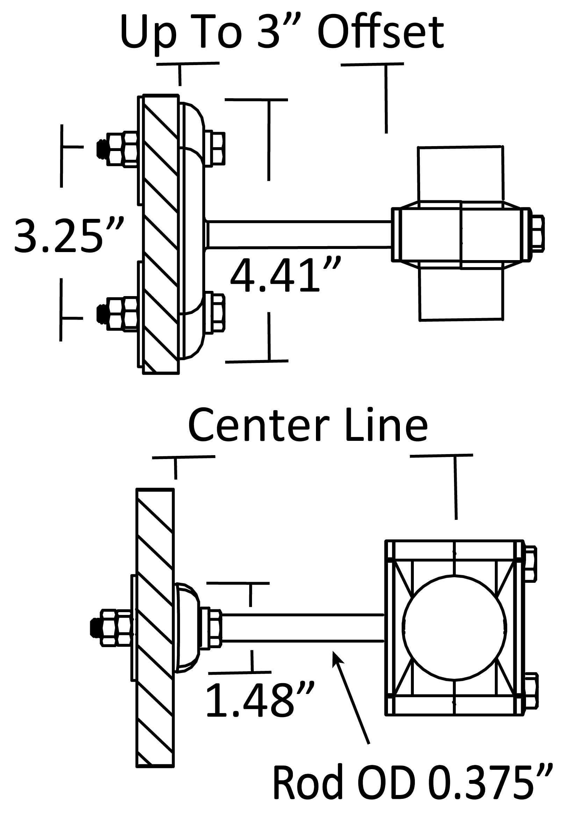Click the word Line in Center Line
387,425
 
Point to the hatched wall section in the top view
161,234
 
